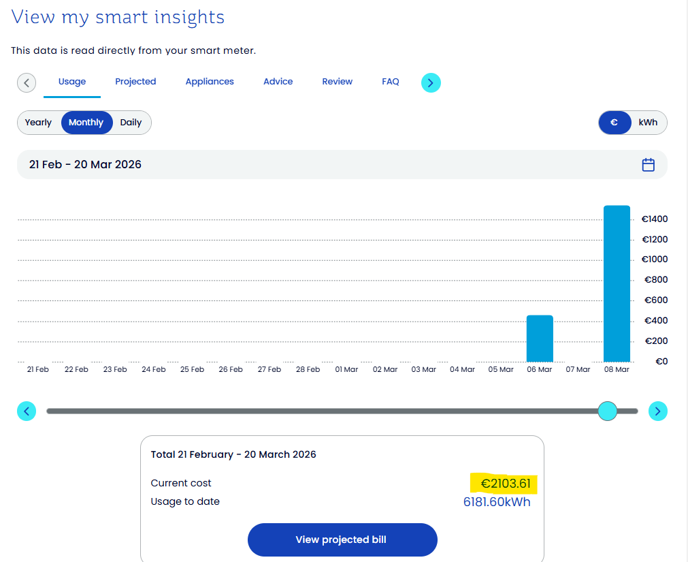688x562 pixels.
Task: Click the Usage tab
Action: (x=72, y=82)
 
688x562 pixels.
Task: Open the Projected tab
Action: (x=135, y=82)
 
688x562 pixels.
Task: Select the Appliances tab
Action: (x=210, y=82)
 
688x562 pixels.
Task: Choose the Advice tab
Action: (x=278, y=82)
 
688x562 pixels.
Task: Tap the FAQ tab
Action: (x=391, y=82)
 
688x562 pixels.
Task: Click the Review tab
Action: (x=338, y=82)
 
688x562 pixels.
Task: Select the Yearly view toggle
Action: (x=39, y=123)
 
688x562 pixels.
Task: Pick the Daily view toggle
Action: (x=131, y=123)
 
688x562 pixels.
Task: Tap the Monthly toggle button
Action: (x=86, y=123)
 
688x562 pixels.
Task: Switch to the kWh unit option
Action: (x=648, y=123)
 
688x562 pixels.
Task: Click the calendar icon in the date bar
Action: (x=649, y=165)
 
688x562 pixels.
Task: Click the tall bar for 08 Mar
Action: (x=617, y=283)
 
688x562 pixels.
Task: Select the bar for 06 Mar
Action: (x=540, y=339)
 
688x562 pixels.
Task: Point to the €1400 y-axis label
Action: (x=655, y=219)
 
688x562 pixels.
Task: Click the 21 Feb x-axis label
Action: (x=38, y=369)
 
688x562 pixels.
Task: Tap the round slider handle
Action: (x=607, y=411)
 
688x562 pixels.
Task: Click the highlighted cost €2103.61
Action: (x=505, y=484)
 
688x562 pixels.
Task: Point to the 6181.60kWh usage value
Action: (x=497, y=502)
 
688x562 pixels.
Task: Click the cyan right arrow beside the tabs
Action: (x=430, y=83)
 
